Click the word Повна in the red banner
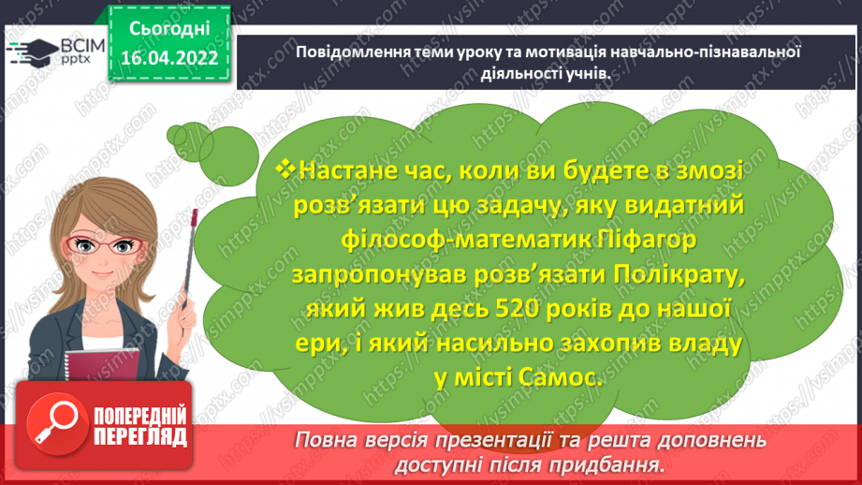tap(325, 440)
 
